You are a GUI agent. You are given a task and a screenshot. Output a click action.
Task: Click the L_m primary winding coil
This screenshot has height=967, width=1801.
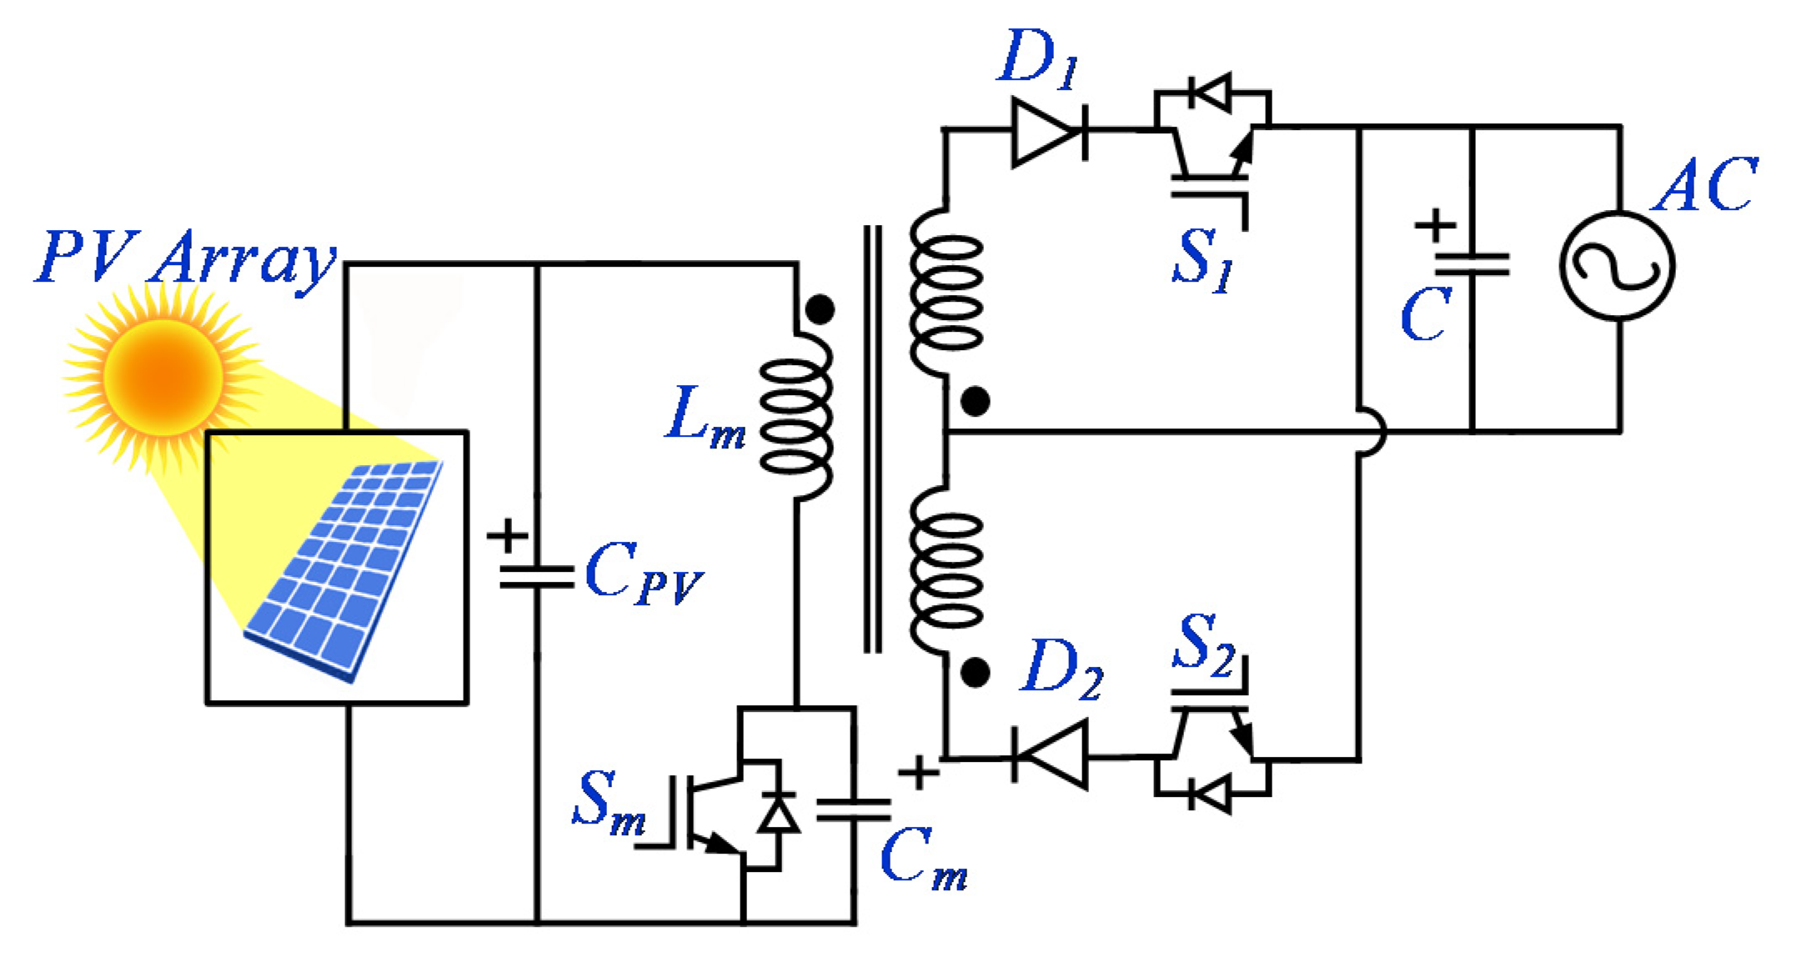[x=796, y=417]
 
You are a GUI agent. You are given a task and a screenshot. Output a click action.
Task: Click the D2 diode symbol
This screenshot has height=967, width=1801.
[x=1051, y=757]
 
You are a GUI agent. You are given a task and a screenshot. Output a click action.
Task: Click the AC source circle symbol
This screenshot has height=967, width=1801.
[x=1617, y=266]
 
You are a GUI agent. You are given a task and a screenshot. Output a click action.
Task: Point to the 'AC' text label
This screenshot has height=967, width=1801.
[x=1706, y=185]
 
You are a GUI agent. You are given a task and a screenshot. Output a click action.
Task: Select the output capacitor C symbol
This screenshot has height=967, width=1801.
[x=1472, y=265]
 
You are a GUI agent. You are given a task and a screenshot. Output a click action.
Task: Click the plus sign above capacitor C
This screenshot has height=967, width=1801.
[x=1435, y=225]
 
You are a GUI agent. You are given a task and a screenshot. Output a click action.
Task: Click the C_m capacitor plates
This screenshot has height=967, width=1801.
[x=854, y=809]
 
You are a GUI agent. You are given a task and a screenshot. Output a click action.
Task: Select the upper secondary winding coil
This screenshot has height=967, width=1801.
[x=946, y=292]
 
